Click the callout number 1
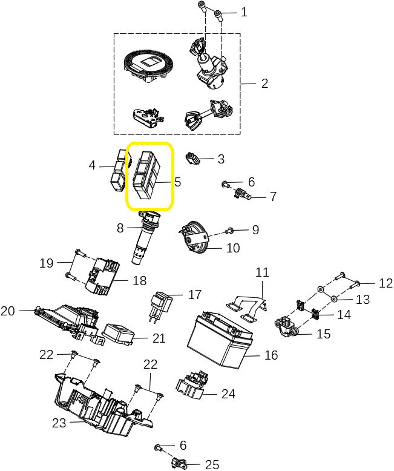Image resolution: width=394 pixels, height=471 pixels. coord(244,12)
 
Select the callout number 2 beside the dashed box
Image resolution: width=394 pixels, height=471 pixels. coord(264,84)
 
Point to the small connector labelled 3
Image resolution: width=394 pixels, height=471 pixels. coord(193,159)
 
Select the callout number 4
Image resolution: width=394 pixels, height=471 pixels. coord(92,165)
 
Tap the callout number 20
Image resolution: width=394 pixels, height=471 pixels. coord(8,311)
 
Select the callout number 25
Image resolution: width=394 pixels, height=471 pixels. coord(212,464)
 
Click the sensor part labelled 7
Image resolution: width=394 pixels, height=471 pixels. coord(242,194)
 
